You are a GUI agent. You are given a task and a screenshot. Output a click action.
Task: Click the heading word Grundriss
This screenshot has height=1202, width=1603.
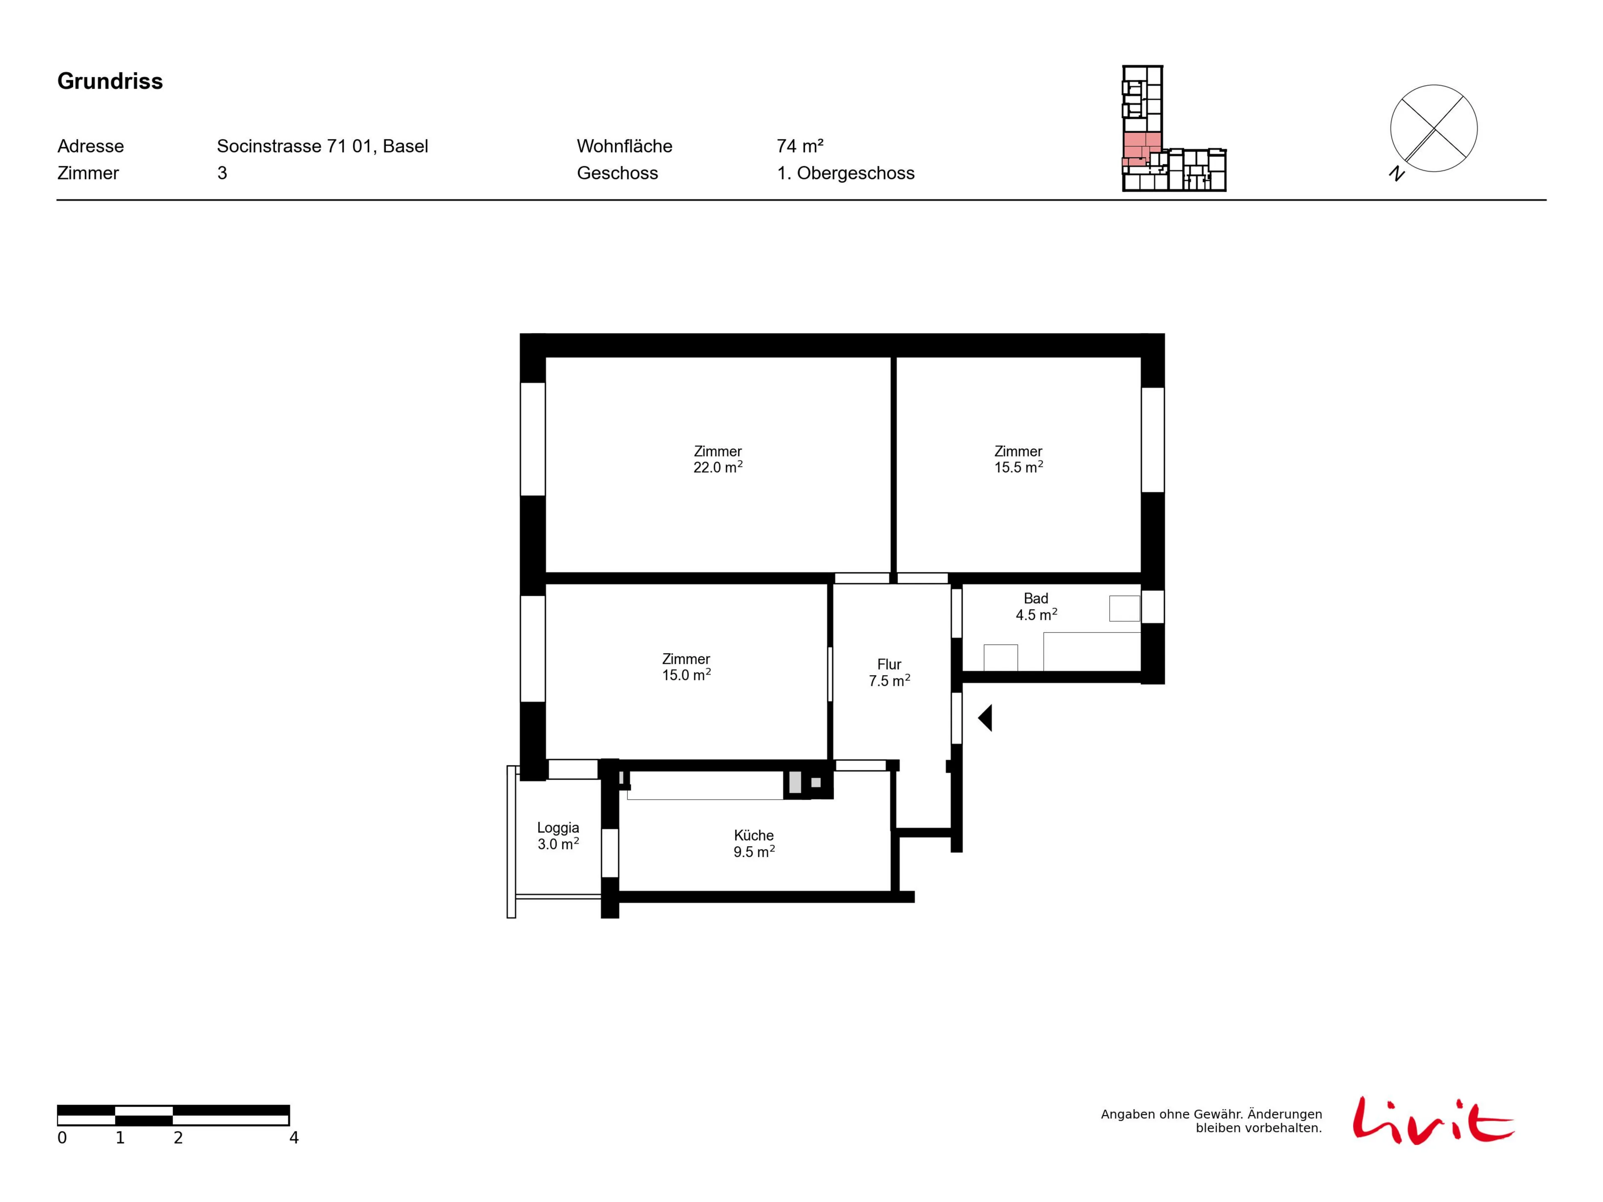(110, 81)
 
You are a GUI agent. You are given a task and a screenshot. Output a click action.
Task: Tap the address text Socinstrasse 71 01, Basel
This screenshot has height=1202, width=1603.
(323, 147)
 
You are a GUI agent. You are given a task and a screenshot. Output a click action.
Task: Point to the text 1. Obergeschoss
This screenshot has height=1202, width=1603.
(846, 173)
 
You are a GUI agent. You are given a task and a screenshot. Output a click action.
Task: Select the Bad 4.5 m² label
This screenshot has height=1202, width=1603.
(1036, 607)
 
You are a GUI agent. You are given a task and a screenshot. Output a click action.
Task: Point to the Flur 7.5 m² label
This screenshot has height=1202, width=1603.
(889, 673)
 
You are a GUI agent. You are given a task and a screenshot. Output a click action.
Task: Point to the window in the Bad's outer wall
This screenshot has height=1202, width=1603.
(1153, 607)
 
